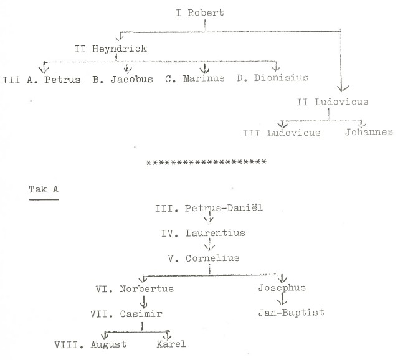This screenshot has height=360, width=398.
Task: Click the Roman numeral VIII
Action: coord(67,343)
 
